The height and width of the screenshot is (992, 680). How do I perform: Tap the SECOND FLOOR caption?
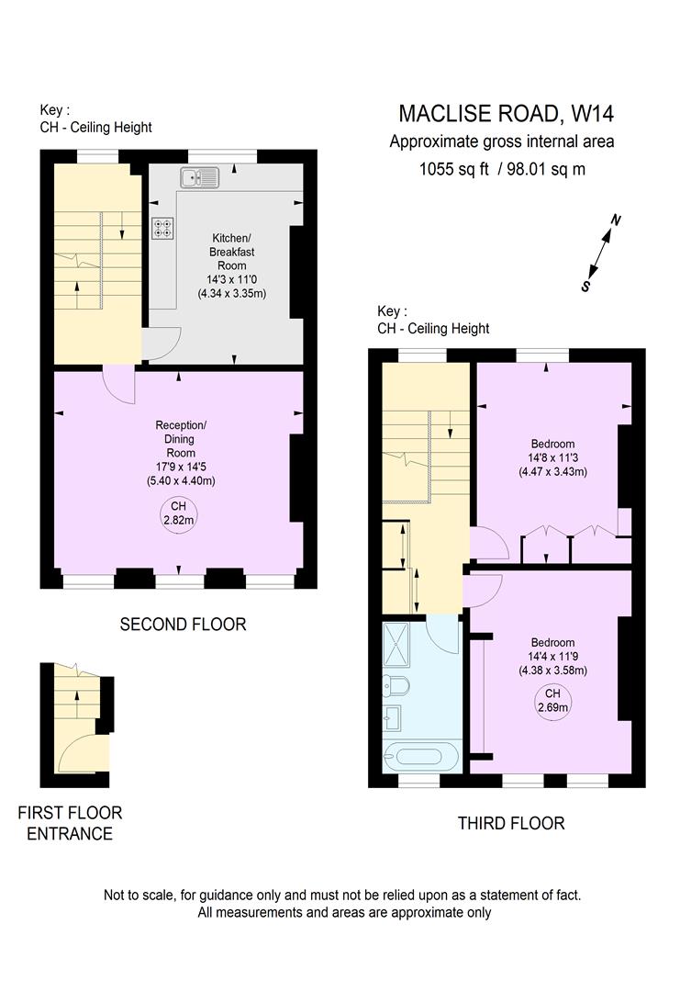click(184, 625)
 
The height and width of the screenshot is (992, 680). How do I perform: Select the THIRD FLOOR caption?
click(511, 823)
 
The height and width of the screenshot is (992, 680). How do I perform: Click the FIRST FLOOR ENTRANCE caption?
click(70, 823)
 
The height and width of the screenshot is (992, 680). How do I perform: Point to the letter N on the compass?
click(617, 220)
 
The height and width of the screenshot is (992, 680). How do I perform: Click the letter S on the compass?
click(585, 286)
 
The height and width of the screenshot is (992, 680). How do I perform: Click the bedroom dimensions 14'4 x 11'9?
click(552, 656)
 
